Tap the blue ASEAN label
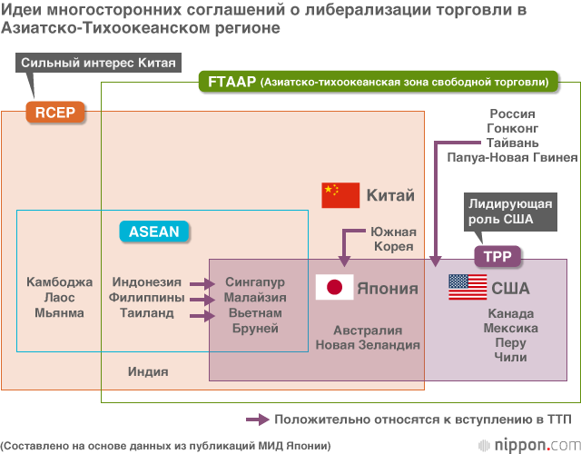click(153, 232)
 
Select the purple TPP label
click(497, 257)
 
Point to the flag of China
click(340, 195)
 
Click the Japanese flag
click(334, 288)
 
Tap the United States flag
click(468, 288)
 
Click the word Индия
click(148, 371)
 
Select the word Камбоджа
click(60, 282)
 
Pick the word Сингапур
click(255, 282)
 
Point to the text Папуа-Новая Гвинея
click(512, 157)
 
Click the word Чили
click(511, 358)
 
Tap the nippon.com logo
click(529, 445)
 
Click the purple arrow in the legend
click(258, 419)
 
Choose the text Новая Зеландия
click(368, 345)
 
